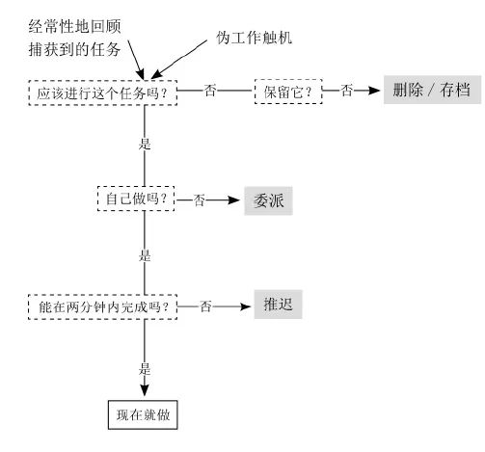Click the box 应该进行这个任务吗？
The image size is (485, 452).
pyautogui.click(x=103, y=93)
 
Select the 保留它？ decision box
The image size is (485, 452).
pyautogui.click(x=288, y=92)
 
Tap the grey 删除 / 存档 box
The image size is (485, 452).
pyautogui.click(x=432, y=90)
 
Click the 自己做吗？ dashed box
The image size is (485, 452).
pyautogui.click(x=136, y=199)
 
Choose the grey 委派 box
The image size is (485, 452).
pyautogui.click(x=268, y=200)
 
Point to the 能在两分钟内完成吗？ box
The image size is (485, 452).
pyautogui.click(x=102, y=306)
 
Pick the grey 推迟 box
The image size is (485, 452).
pyautogui.click(x=278, y=305)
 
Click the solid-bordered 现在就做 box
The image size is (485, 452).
pyautogui.click(x=143, y=414)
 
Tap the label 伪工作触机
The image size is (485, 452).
pyautogui.click(x=254, y=38)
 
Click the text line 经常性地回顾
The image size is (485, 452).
pyautogui.click(x=74, y=27)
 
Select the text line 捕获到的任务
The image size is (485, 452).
pyautogui.click(x=74, y=50)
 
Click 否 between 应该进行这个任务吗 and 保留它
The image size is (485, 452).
pyautogui.click(x=210, y=91)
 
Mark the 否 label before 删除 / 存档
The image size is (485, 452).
pyautogui.click(x=347, y=91)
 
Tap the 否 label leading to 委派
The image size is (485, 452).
pyautogui.click(x=200, y=200)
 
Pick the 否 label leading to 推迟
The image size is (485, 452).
pyautogui.click(x=206, y=306)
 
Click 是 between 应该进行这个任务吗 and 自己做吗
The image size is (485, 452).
pyautogui.click(x=145, y=144)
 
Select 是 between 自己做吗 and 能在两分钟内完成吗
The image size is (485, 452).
pyautogui.click(x=145, y=256)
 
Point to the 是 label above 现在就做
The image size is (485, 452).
pyautogui.click(x=145, y=369)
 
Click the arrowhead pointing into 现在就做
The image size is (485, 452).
pyautogui.click(x=145, y=390)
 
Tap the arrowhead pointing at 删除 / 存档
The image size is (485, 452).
pyautogui.click(x=374, y=91)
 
